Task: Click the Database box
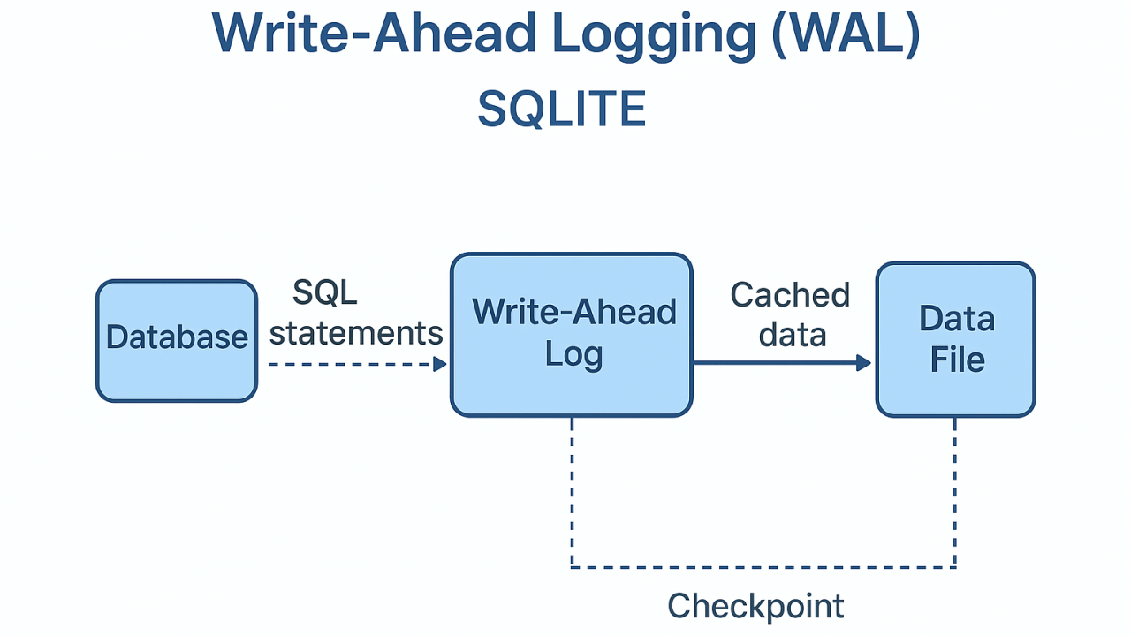point(176,341)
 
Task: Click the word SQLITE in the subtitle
point(562,110)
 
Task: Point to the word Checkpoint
point(755,607)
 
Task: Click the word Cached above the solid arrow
point(790,296)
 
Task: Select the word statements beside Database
point(356,333)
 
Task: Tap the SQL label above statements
point(324,292)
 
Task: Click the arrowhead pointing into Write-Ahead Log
point(440,363)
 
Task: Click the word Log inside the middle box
point(573,355)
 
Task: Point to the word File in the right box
point(957,360)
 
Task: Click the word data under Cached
point(793,335)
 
